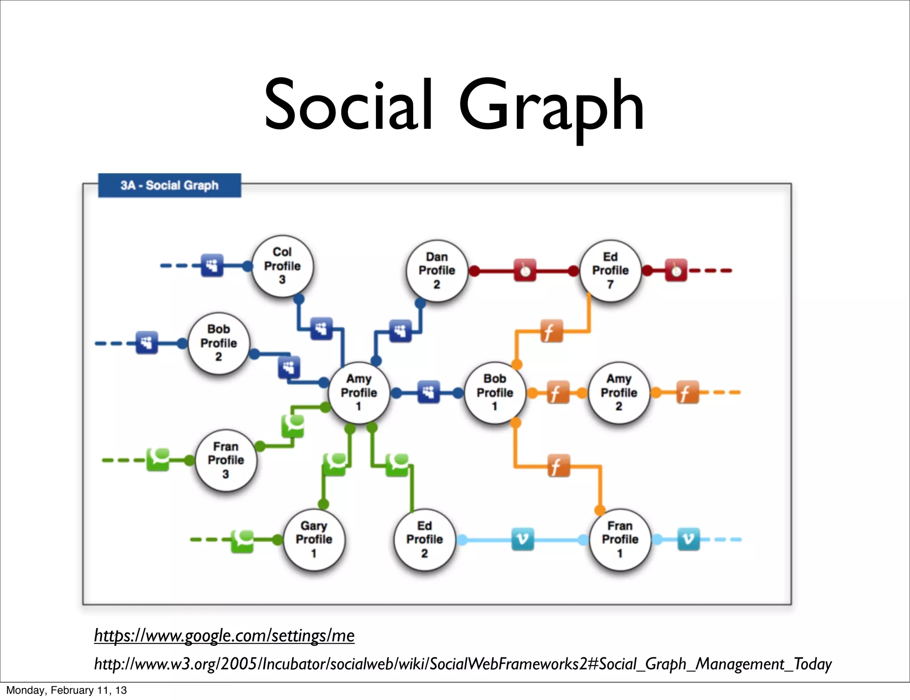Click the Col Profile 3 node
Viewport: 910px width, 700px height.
[282, 266]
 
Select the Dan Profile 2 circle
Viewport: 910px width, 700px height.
[437, 270]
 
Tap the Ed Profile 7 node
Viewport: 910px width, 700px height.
[611, 270]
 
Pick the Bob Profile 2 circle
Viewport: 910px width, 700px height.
[219, 343]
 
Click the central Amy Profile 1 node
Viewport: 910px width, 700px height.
[359, 392]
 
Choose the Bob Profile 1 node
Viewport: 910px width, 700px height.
[495, 392]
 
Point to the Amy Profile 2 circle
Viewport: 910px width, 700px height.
[619, 392]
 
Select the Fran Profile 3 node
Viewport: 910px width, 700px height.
[226, 460]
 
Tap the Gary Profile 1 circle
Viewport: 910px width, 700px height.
[314, 539]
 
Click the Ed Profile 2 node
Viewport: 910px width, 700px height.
[424, 539]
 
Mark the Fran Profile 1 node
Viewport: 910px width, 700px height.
[620, 539]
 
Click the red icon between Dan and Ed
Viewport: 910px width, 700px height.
[525, 270]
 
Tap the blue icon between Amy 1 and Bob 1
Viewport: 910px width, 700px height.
[428, 392]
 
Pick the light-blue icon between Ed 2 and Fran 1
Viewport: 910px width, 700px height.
[523, 539]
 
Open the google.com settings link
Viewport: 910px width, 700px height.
[224, 636]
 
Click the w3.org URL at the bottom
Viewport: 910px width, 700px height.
[463, 664]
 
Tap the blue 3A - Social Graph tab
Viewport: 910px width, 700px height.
[169, 185]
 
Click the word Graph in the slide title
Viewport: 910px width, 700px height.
[551, 107]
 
